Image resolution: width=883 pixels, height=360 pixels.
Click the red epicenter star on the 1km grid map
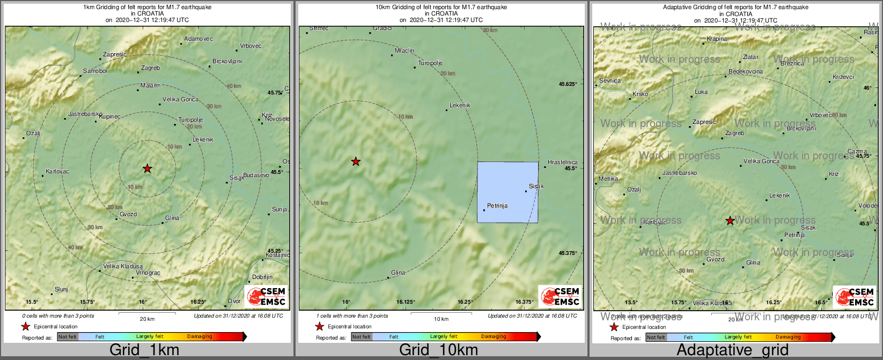[x=148, y=169]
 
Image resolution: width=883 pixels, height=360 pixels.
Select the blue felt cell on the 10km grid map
[x=507, y=192]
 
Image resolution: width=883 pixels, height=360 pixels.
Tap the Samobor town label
[x=95, y=71]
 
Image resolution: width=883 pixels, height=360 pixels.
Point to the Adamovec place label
[x=198, y=39]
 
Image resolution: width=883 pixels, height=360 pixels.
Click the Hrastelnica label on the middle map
[x=563, y=162]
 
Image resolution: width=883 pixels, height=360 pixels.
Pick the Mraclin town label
[x=404, y=51]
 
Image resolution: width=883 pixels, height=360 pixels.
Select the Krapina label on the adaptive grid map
[x=717, y=39]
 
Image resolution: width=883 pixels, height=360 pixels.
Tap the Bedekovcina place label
[x=746, y=72]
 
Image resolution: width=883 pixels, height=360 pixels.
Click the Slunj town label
[x=62, y=290]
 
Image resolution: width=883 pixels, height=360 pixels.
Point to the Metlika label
[x=608, y=179]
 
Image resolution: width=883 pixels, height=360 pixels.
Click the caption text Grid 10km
[x=438, y=350]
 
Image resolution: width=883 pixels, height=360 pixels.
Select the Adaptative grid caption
[x=733, y=350]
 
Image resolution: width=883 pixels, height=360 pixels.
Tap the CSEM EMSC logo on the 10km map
[x=560, y=296]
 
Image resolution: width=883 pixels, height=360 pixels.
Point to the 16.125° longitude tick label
[x=406, y=302]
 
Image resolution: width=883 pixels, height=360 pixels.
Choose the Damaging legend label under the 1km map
[x=200, y=337]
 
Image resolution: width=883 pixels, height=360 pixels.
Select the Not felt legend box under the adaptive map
[x=656, y=337]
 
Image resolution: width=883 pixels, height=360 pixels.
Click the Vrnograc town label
[x=149, y=273]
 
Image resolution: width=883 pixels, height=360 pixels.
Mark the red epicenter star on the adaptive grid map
[x=730, y=221]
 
